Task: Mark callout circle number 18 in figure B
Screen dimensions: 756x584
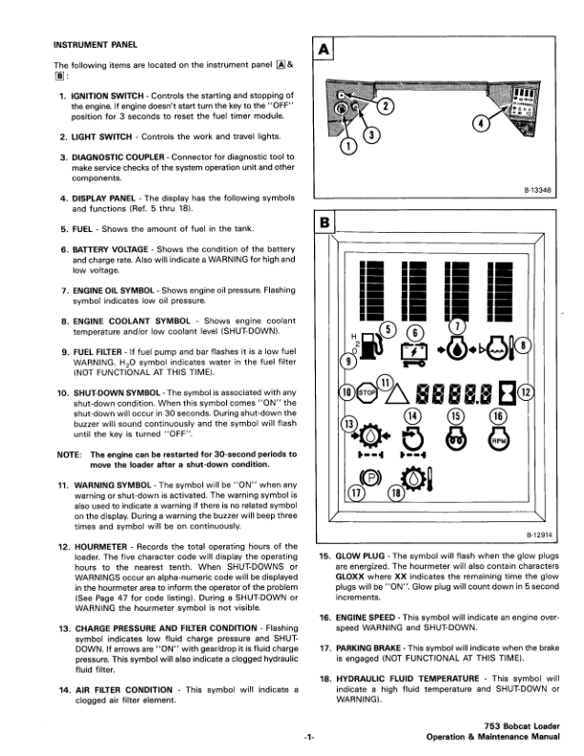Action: click(395, 493)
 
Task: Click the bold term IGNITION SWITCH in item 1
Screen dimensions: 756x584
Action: click(108, 97)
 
